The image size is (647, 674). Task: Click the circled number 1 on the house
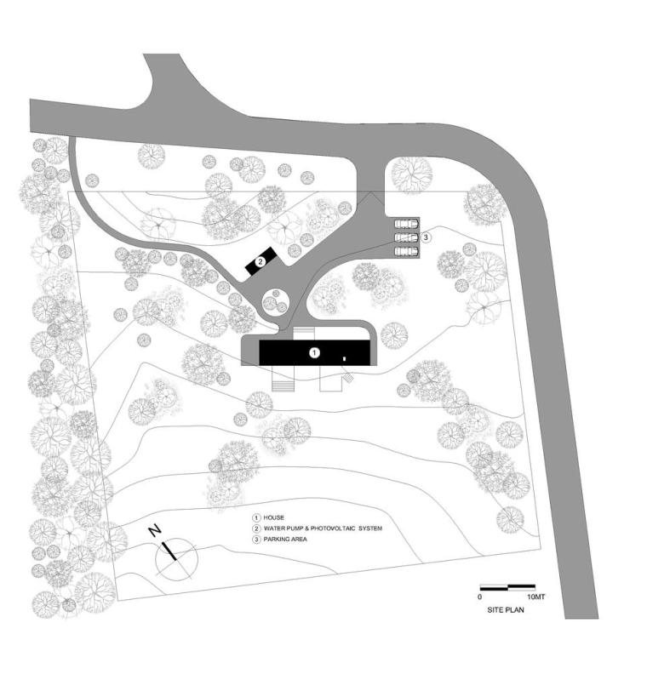click(315, 353)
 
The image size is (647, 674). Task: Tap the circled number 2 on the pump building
click(260, 261)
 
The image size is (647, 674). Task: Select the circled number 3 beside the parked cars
click(426, 237)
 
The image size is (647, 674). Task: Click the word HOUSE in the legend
click(274, 517)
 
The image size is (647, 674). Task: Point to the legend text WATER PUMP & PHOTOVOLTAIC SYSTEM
click(323, 528)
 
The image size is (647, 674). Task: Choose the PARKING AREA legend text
click(285, 539)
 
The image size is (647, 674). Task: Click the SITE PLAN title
click(506, 609)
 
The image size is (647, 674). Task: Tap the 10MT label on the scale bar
click(535, 597)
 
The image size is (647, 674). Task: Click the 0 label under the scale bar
click(480, 597)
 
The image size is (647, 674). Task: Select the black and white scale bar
click(507, 586)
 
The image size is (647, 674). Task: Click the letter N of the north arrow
click(154, 530)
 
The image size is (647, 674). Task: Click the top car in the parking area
click(406, 224)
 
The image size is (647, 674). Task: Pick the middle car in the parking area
click(406, 237)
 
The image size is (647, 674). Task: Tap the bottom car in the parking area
click(406, 251)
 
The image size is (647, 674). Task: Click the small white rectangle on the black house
click(344, 358)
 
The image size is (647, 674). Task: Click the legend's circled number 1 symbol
click(256, 517)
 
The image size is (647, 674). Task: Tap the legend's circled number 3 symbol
click(256, 539)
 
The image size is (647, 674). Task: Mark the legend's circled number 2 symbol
click(256, 528)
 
